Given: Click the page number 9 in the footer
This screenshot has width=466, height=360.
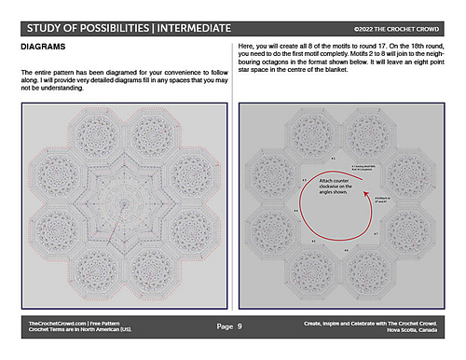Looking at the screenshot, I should pos(240,326).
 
